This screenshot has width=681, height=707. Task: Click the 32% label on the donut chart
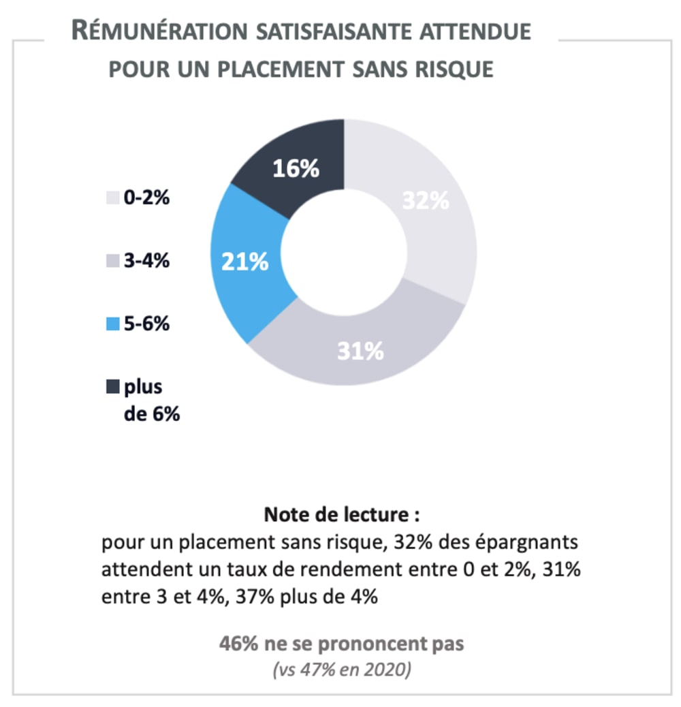point(425,201)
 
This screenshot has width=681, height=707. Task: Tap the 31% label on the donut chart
point(361,351)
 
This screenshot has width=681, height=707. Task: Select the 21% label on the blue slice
point(245,262)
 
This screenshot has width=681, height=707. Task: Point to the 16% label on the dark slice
point(296,168)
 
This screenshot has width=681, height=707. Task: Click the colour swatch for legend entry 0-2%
point(112,199)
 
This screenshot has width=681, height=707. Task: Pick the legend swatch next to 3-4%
point(112,261)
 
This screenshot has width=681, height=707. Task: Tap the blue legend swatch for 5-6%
point(112,324)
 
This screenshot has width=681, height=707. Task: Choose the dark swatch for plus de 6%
point(112,387)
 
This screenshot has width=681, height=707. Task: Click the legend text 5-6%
point(146,324)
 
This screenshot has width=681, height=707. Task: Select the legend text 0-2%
point(146,199)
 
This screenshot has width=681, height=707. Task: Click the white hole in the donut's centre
point(345,252)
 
